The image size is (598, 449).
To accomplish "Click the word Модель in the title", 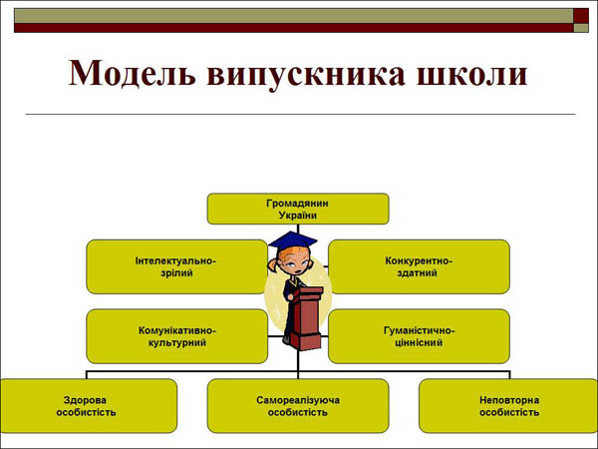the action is (133, 73).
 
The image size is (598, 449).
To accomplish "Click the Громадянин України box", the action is (298, 209).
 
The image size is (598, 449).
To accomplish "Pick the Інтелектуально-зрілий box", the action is (177, 266).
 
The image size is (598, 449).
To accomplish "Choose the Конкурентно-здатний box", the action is (419, 266).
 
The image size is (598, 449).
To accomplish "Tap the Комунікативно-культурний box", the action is (177, 336).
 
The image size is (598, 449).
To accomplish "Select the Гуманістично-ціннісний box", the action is (419, 336).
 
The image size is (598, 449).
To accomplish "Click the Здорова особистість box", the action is (89, 406).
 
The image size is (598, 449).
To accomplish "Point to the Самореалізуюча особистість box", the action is (298, 406).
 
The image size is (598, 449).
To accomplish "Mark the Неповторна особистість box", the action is (508, 406).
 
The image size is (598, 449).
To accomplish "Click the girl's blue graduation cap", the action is (293, 240).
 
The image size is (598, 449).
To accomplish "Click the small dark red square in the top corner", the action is (581, 16).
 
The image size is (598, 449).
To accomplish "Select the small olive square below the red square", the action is (581, 28).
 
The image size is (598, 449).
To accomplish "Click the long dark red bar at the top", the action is (294, 28).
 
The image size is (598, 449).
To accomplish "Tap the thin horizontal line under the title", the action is (300, 114).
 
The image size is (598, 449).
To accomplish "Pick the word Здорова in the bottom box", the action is (85, 400).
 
